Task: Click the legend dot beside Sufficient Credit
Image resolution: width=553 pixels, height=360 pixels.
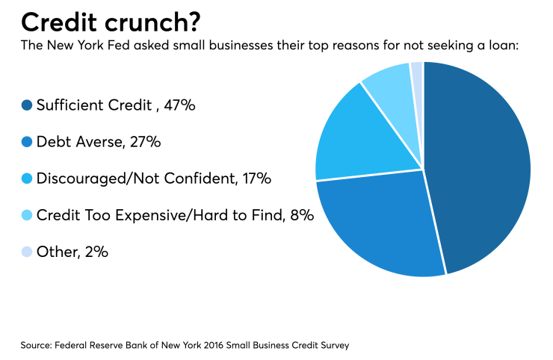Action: click(x=27, y=106)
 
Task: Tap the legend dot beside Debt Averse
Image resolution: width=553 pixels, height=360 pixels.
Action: click(x=27, y=143)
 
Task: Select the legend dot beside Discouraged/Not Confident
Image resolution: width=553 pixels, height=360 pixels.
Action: click(x=27, y=179)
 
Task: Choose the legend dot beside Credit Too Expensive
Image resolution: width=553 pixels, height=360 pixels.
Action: click(x=27, y=216)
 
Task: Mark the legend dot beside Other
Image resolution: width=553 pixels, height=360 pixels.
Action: click(x=27, y=252)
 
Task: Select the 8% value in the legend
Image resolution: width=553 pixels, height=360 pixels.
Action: click(x=302, y=216)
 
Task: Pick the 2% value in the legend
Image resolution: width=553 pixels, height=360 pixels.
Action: click(x=96, y=252)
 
